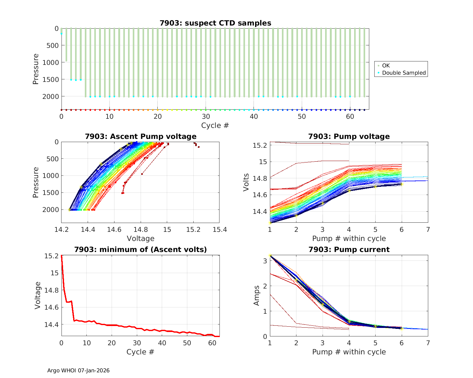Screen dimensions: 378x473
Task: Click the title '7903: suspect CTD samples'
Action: [215, 23]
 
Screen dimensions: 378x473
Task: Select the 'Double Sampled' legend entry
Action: [404, 73]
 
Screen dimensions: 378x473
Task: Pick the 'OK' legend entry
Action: [386, 66]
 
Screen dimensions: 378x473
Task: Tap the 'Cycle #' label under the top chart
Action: [215, 125]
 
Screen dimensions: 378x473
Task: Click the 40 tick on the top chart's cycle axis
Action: [254, 116]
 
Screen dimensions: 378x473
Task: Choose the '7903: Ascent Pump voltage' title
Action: [141, 136]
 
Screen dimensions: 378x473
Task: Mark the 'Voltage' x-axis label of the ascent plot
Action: [141, 238]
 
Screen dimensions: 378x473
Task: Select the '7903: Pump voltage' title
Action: [349, 136]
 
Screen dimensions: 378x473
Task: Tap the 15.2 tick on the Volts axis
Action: [260, 146]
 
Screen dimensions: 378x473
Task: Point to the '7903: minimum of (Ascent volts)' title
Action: [141, 249]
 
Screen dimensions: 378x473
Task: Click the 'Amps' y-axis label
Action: [257, 295]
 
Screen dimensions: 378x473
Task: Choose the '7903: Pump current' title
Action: [349, 249]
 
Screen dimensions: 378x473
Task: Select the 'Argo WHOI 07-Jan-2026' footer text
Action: [79, 370]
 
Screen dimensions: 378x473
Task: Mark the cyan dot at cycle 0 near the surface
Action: [61, 33]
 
